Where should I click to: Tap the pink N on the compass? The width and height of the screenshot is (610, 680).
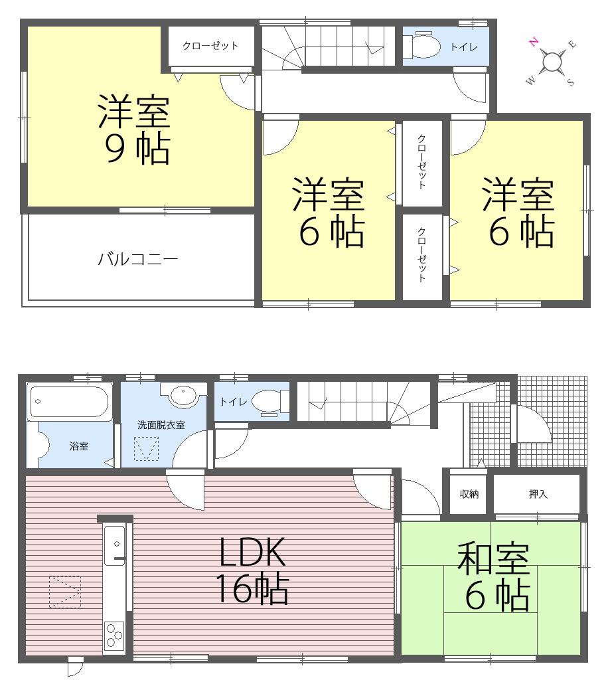click(x=533, y=42)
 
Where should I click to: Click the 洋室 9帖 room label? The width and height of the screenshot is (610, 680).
click(x=135, y=130)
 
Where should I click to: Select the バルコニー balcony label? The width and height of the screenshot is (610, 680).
click(x=138, y=259)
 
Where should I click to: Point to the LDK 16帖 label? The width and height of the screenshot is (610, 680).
click(x=251, y=570)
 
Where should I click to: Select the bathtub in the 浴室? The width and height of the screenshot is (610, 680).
click(x=70, y=402)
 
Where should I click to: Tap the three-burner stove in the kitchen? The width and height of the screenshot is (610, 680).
click(x=114, y=636)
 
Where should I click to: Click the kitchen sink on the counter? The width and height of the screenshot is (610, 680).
click(x=114, y=538)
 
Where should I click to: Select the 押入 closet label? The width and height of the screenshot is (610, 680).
click(x=538, y=494)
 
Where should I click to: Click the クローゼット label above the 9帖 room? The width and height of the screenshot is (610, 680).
click(x=210, y=46)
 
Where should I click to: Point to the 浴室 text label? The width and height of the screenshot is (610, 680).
click(x=79, y=446)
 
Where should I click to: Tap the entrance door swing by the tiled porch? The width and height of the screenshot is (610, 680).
click(x=533, y=425)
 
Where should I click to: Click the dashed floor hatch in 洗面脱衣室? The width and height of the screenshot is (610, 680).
click(x=147, y=450)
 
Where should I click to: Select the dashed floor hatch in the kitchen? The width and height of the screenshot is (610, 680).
click(x=64, y=591)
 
